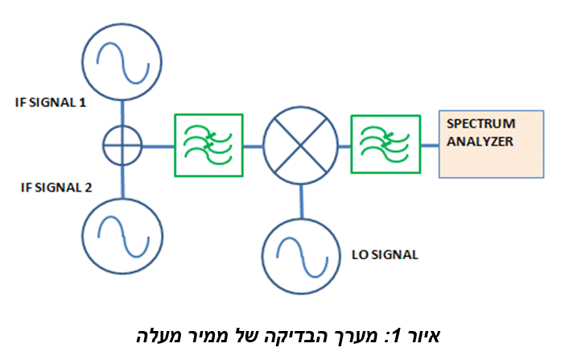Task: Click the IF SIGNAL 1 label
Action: pyautogui.click(x=55, y=104)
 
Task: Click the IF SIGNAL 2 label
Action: pyautogui.click(x=56, y=188)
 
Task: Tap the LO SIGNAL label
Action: pyautogui.click(x=386, y=254)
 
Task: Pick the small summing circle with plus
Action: pyautogui.click(x=122, y=146)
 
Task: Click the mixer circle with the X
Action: pyautogui.click(x=302, y=146)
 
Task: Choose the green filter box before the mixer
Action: pyautogui.click(x=208, y=145)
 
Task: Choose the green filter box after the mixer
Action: pyautogui.click(x=386, y=145)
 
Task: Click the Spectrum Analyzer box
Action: pyautogui.click(x=491, y=143)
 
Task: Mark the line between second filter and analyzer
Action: pyautogui.click(x=429, y=146)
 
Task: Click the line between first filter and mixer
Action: pyautogui.click(x=254, y=146)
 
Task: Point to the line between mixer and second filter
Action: pyautogui.click(x=344, y=146)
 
